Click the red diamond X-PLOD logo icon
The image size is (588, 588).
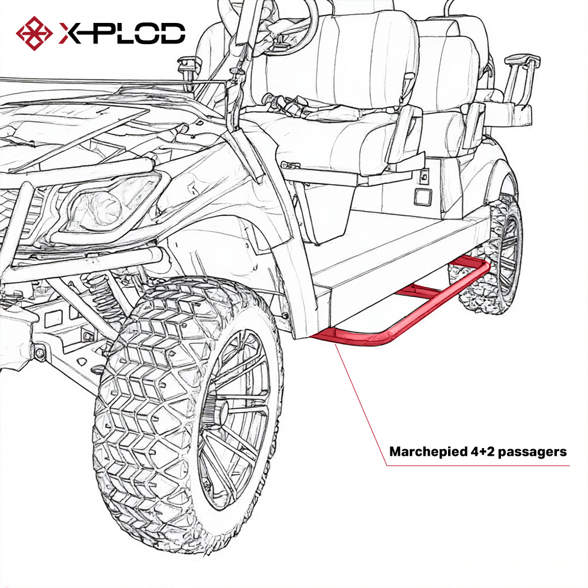[35, 32]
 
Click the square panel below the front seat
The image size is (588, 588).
[422, 196]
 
